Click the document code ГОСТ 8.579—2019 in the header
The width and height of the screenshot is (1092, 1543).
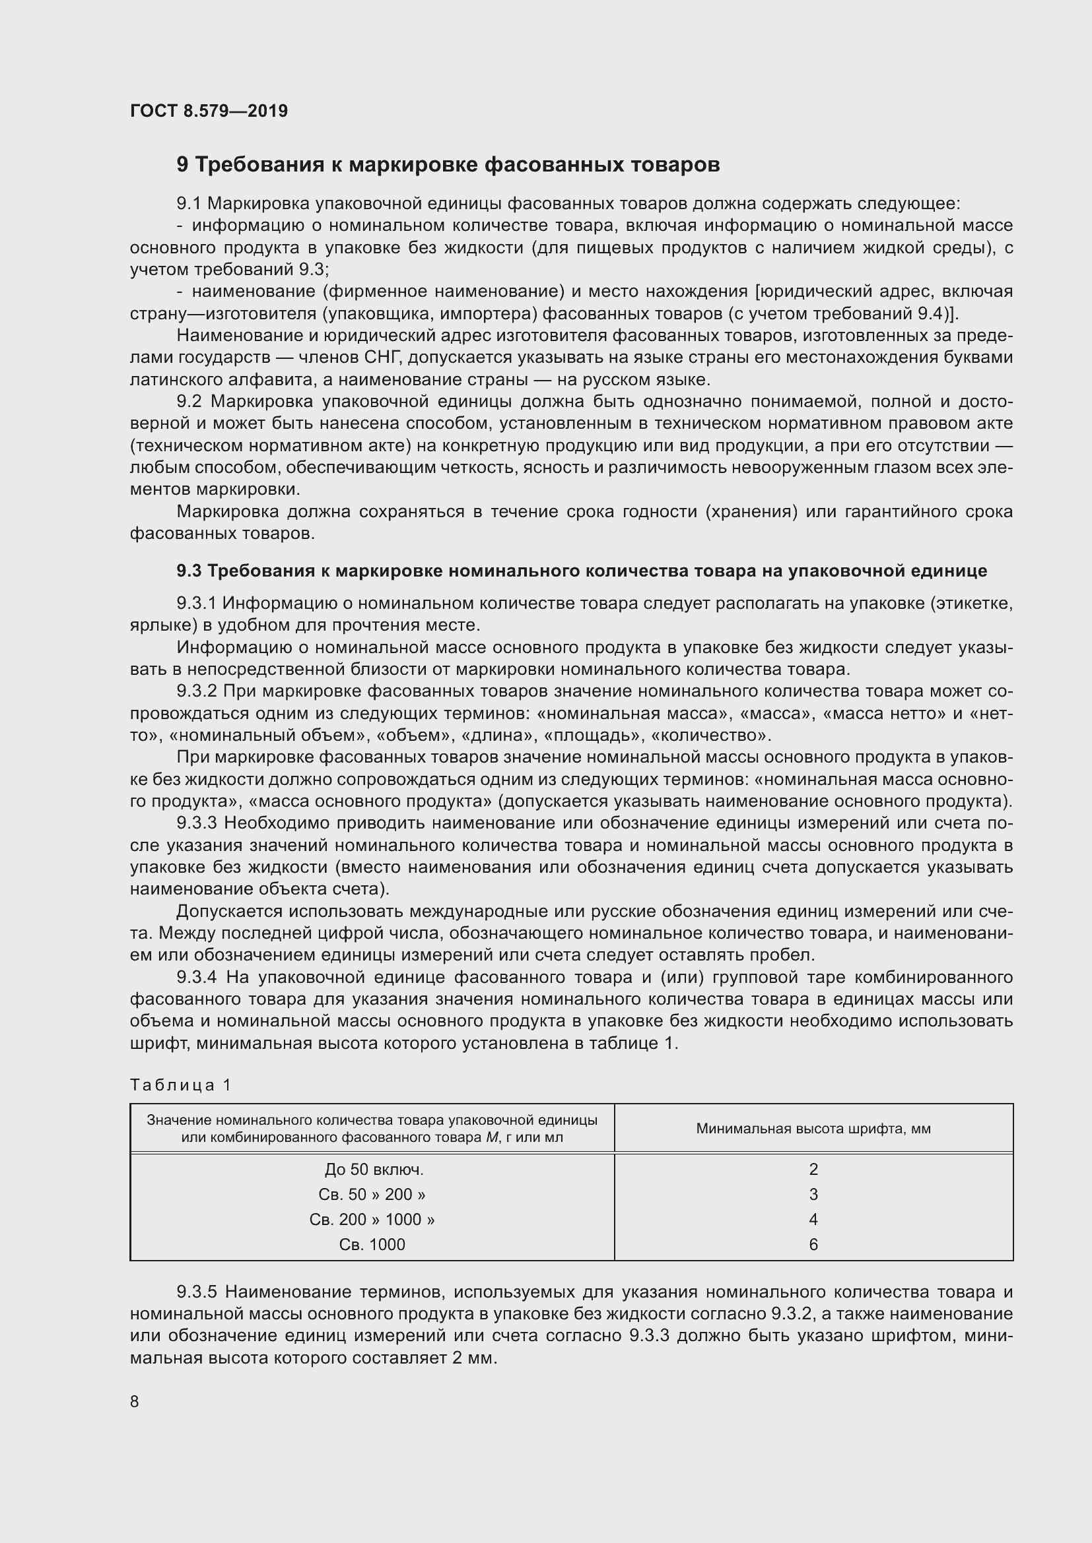point(209,111)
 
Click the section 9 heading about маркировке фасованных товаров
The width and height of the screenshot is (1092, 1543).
point(448,165)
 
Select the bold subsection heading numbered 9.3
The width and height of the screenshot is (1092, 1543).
point(581,571)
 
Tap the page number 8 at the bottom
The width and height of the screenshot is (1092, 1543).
point(135,1401)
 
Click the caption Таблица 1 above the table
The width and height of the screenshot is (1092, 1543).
point(180,1085)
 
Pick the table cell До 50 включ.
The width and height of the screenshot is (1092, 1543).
point(373,1170)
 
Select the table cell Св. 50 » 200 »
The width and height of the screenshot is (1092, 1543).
point(372,1194)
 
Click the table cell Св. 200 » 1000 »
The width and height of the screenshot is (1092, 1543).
point(372,1219)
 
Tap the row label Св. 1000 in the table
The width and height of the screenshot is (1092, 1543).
point(372,1245)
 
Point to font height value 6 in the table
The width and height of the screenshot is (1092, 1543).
point(813,1245)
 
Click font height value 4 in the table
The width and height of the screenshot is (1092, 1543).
point(813,1219)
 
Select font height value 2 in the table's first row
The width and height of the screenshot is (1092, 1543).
point(813,1170)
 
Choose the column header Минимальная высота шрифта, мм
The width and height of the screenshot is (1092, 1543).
point(813,1129)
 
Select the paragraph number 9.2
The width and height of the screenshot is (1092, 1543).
point(189,402)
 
